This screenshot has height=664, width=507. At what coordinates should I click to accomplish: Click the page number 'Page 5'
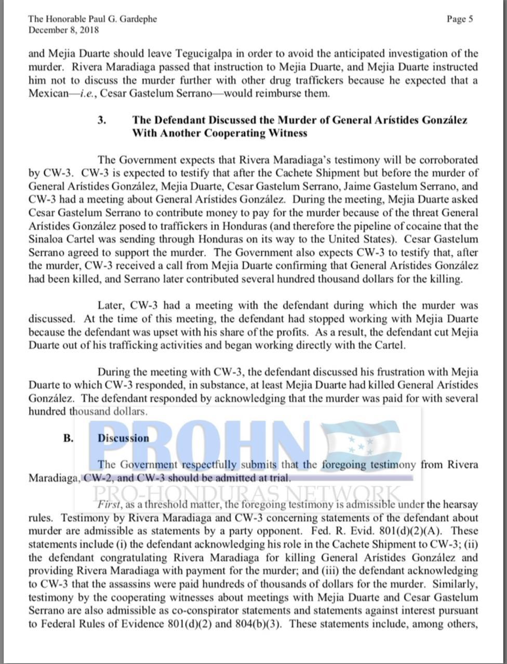[459, 19]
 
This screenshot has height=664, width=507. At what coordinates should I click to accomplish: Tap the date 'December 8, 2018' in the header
[63, 30]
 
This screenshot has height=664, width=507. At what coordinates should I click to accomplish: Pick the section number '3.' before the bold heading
[102, 120]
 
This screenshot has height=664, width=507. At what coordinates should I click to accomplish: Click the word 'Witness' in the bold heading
[285, 133]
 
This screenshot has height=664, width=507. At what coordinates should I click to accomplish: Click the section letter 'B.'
[69, 438]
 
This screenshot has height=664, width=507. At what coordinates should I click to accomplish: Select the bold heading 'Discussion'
[123, 438]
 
